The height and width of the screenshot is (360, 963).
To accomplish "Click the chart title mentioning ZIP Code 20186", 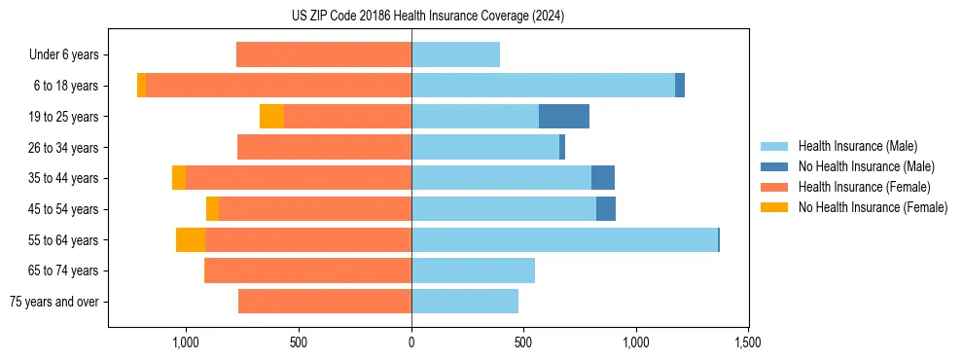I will click(x=427, y=17).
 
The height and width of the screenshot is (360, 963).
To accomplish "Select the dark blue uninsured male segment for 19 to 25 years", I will click(x=564, y=116).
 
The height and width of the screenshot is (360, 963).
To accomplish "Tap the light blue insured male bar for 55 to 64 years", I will click(x=564, y=239).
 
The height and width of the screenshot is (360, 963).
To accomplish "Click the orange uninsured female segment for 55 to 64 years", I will click(x=191, y=239).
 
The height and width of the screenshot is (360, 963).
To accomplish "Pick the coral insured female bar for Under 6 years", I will click(x=324, y=54).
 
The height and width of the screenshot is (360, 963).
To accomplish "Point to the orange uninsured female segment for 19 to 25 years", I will click(x=271, y=116).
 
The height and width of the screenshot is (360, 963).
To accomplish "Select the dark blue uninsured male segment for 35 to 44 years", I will click(x=603, y=178).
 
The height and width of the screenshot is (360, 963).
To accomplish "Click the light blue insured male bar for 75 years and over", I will click(x=465, y=302).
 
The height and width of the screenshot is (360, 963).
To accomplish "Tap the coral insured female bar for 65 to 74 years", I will click(x=307, y=270).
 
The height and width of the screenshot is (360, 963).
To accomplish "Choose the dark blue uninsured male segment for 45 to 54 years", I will click(x=606, y=208).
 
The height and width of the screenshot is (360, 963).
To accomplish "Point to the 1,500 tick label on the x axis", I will click(x=747, y=342).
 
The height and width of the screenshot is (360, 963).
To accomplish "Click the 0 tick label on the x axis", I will click(x=411, y=342).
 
